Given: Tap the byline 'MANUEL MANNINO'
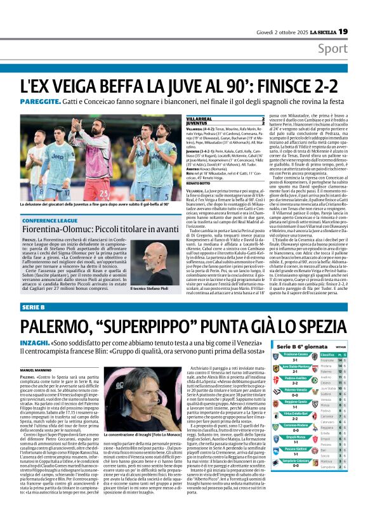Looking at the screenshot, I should [36, 369].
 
